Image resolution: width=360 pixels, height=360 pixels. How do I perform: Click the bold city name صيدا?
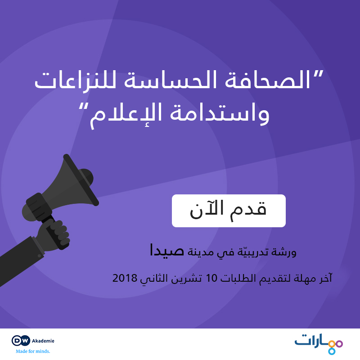[166, 250]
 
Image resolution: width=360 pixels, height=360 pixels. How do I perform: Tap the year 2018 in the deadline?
[125, 278]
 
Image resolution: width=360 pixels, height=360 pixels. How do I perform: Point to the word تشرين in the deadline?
[187, 279]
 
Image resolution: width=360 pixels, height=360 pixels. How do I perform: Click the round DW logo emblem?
[21, 341]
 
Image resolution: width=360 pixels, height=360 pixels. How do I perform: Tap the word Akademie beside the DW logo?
[43, 341]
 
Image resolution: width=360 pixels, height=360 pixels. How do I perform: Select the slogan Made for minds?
[33, 351]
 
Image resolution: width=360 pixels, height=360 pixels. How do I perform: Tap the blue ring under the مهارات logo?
[332, 351]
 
